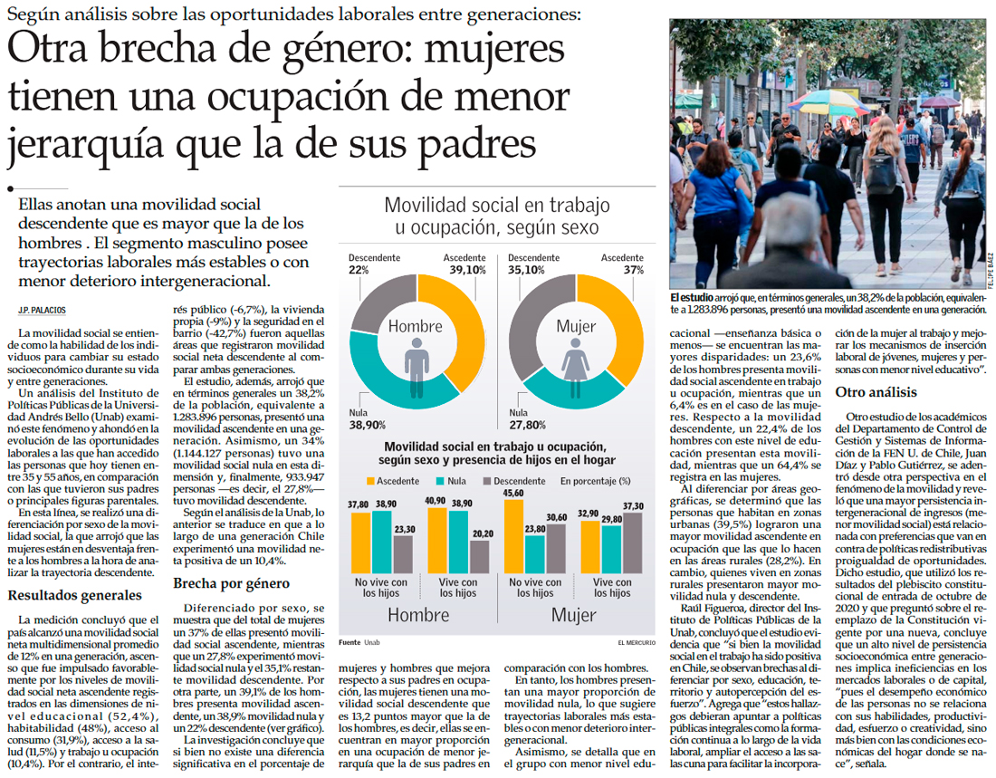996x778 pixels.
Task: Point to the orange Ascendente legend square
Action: pos(370,481)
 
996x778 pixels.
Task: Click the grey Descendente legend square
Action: pos(488,481)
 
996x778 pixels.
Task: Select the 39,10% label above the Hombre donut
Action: pos(464,270)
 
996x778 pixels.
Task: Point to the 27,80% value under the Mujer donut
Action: pos(528,425)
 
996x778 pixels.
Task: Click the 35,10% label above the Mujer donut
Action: pos(526,270)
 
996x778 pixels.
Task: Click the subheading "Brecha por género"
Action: pos(230,583)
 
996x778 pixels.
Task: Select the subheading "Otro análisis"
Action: pos(876,392)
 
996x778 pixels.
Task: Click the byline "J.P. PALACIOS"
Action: pos(42,311)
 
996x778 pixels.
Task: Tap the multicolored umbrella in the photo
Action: pos(828,100)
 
